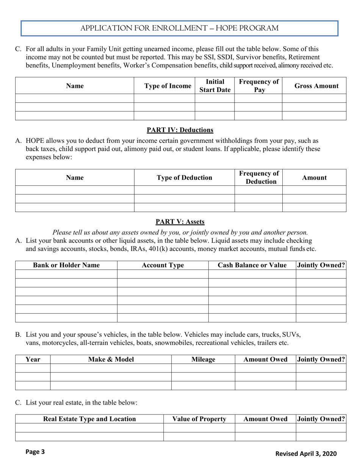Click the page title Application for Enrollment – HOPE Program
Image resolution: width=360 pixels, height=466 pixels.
click(179, 28)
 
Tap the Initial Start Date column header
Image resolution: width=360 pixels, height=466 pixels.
click(215, 86)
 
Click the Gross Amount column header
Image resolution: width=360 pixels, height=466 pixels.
click(316, 86)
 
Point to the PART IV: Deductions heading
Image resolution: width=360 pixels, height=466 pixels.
click(180, 130)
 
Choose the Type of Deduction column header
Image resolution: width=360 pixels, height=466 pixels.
click(185, 178)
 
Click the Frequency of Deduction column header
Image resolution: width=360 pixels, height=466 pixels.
click(259, 178)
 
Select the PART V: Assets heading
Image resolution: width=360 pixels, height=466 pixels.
click(180, 222)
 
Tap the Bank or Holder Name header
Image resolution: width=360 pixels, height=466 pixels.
click(66, 265)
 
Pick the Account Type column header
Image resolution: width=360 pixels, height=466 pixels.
click(163, 265)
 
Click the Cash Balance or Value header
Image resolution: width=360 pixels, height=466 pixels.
click(252, 265)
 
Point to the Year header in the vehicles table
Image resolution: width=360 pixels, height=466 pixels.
click(33, 359)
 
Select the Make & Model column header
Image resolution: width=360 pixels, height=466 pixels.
click(111, 359)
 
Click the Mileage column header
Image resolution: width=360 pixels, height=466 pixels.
click(203, 359)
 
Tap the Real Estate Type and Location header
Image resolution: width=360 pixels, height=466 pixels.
click(89, 419)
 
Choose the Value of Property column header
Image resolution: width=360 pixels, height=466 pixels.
click(199, 419)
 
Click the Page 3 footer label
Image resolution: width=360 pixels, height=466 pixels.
click(35, 452)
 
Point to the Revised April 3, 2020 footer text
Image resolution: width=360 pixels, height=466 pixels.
click(305, 453)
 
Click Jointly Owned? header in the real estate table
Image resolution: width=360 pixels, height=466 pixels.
click(321, 419)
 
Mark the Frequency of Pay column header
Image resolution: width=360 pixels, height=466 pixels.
click(259, 86)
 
